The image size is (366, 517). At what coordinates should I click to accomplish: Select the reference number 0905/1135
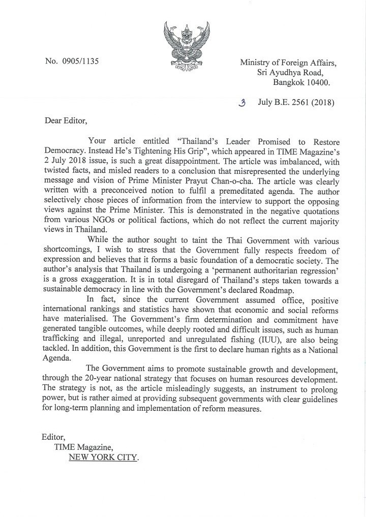tap(79, 62)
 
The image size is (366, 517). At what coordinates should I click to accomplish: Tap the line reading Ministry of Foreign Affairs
tap(288, 63)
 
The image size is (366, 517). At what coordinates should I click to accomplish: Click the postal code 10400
tap(318, 82)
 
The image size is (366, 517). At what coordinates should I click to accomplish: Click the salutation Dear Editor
tap(65, 121)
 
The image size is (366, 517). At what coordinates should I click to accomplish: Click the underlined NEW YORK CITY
tap(103, 457)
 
